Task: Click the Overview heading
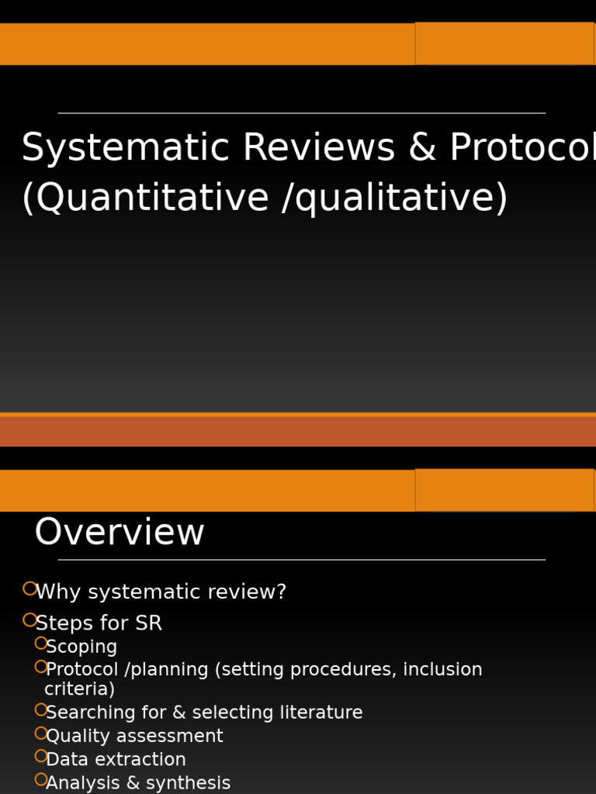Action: click(x=120, y=533)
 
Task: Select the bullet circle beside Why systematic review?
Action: click(x=30, y=589)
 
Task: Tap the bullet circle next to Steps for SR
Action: click(x=30, y=620)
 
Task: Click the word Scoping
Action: click(x=81, y=647)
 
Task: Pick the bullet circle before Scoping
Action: click(x=41, y=644)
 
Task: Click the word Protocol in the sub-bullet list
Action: click(x=82, y=670)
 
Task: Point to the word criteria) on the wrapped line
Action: click(x=79, y=689)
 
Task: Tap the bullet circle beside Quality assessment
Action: click(x=41, y=733)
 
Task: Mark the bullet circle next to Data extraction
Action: click(x=41, y=756)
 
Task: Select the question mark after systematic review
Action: click(x=282, y=592)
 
